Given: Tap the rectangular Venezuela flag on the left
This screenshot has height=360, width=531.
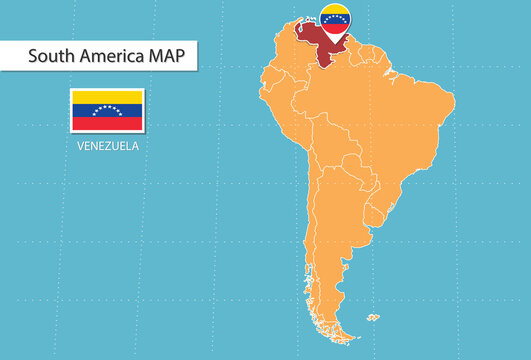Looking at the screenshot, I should pos(107,110).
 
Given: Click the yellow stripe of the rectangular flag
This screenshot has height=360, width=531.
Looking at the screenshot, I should pos(107,96).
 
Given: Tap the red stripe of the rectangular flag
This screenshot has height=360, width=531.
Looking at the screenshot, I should pos(107,124).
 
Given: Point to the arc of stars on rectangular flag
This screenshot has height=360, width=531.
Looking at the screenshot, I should pos(107,109).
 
